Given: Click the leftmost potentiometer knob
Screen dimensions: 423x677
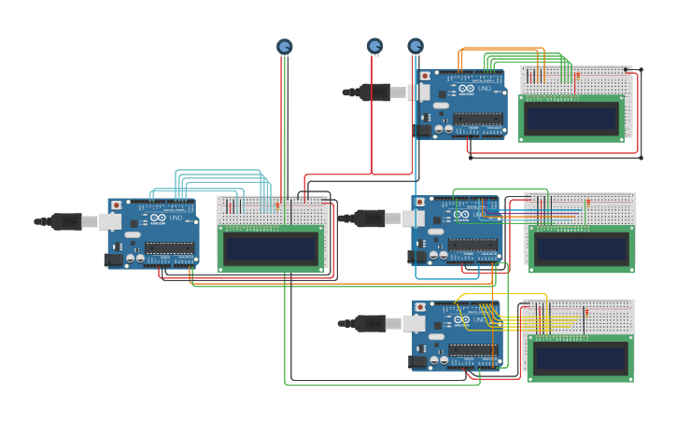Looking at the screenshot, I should click(285, 46).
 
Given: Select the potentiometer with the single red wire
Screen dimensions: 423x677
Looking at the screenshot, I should click(374, 46).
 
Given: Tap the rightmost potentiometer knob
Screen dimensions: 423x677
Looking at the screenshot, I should click(416, 46).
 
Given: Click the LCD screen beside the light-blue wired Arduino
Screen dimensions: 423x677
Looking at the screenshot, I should click(271, 247).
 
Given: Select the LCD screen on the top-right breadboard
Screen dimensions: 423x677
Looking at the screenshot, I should click(571, 119).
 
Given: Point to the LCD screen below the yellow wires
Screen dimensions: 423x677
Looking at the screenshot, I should click(579, 358).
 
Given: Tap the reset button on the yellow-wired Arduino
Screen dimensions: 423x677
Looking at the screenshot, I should click(421, 307).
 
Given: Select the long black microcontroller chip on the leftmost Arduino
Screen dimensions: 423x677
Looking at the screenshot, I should click(169, 248).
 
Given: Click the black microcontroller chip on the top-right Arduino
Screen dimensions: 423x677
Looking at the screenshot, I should click(478, 120).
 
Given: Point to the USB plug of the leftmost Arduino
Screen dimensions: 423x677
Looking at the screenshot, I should click(65, 221).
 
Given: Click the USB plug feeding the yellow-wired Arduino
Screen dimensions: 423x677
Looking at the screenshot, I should click(372, 323).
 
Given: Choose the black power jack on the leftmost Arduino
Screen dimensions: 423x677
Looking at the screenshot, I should click(114, 260).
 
